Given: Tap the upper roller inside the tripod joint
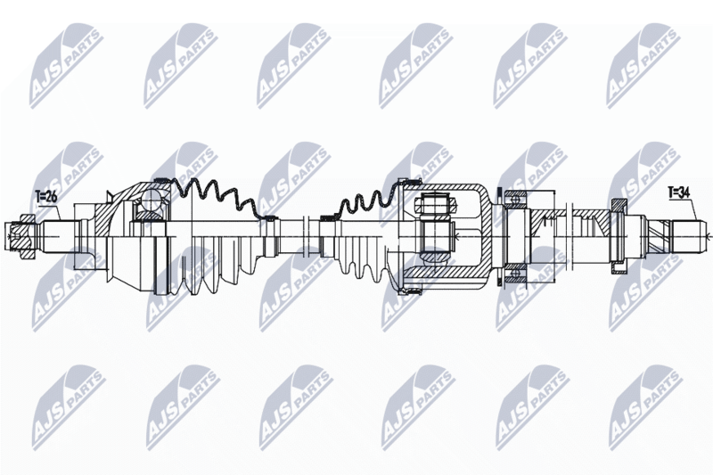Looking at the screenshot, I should [x=436, y=205].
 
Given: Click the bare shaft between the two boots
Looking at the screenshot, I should [x=299, y=234].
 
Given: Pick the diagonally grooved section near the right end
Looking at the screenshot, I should [x=657, y=235].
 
